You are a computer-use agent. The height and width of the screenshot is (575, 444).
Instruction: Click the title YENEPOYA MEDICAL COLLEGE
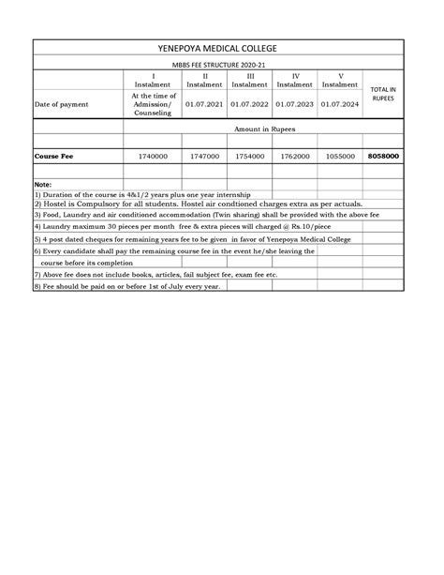[221, 48]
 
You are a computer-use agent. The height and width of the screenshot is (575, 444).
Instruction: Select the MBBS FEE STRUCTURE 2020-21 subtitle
[221, 63]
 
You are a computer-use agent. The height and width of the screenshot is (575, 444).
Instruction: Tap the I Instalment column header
[152, 79]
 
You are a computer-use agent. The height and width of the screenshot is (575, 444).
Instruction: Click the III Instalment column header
[250, 79]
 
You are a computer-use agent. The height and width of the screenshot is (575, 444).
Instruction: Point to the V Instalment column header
[340, 79]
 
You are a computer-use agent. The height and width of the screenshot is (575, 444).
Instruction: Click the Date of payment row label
[63, 104]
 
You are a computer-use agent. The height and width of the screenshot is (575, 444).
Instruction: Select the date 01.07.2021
[204, 104]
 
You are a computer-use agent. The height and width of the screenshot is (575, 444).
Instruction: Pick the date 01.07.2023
[295, 104]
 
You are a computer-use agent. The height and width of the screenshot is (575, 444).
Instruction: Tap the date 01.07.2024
[340, 104]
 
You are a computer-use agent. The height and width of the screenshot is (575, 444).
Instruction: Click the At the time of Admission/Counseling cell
[152, 104]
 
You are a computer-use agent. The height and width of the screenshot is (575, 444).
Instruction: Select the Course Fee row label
[52, 157]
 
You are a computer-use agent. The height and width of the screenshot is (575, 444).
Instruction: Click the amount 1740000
[152, 157]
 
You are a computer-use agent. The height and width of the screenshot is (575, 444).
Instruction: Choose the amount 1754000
[250, 157]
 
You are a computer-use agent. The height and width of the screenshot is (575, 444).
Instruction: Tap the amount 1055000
[340, 157]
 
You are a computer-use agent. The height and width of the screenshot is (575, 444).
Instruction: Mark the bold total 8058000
[383, 157]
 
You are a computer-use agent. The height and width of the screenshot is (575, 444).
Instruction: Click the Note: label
[42, 184]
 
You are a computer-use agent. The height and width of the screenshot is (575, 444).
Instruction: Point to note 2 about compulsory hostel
[198, 204]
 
